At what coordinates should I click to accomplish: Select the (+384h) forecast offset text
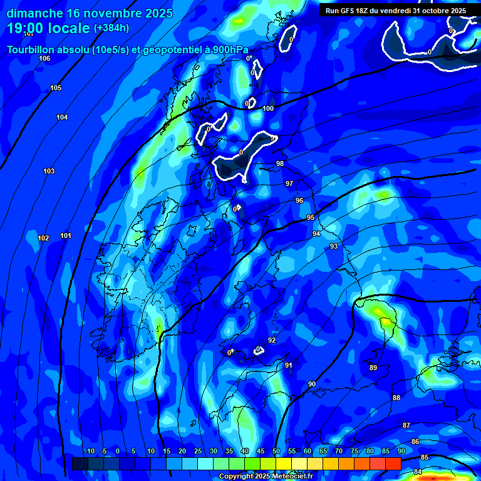(x=111, y=28)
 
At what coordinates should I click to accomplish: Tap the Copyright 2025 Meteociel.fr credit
(x=266, y=477)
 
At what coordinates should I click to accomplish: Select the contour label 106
(x=44, y=58)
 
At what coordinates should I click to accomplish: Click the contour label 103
(x=49, y=171)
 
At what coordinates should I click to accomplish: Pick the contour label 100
(x=268, y=108)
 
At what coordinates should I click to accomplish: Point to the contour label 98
(x=280, y=163)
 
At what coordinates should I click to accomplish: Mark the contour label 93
(x=334, y=246)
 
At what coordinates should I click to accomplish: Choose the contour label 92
(x=272, y=340)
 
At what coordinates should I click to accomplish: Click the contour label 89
(x=373, y=368)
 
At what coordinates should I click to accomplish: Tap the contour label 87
(x=406, y=425)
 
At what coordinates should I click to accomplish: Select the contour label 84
(x=418, y=471)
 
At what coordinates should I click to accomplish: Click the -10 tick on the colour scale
(x=89, y=451)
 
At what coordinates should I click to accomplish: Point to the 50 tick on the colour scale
(x=276, y=451)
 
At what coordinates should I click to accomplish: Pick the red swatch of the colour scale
(x=393, y=463)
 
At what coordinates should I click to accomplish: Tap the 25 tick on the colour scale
(x=198, y=451)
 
